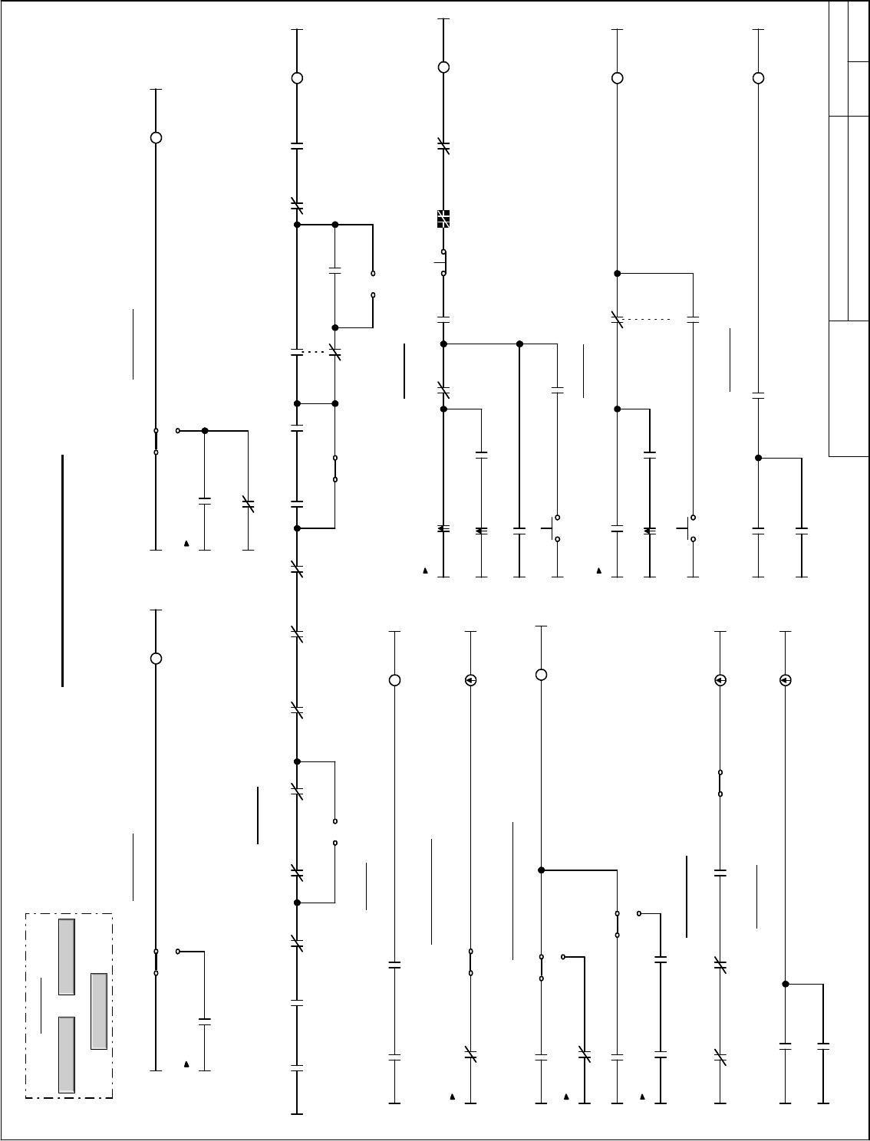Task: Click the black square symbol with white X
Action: tap(443, 219)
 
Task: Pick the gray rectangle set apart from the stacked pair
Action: tap(98, 1011)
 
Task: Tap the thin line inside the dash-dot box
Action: tap(41, 1005)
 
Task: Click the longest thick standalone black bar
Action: tap(62, 570)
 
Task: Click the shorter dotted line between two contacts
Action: tap(315, 352)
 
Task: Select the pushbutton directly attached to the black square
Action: tap(443, 262)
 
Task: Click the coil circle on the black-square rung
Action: tap(443, 67)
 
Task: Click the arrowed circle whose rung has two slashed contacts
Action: tap(720, 680)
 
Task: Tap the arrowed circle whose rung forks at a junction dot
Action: tap(785, 680)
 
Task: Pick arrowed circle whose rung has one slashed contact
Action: tap(471, 680)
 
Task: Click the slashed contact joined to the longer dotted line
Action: tap(617, 319)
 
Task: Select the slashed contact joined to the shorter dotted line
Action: tap(334, 352)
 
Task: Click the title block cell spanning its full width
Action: tap(849, 388)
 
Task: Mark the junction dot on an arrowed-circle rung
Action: tap(785, 984)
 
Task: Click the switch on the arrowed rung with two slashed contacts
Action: tap(720, 783)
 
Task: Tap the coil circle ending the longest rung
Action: tap(297, 78)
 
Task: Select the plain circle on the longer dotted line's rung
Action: tap(617, 78)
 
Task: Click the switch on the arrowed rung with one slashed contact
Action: tap(471, 962)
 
